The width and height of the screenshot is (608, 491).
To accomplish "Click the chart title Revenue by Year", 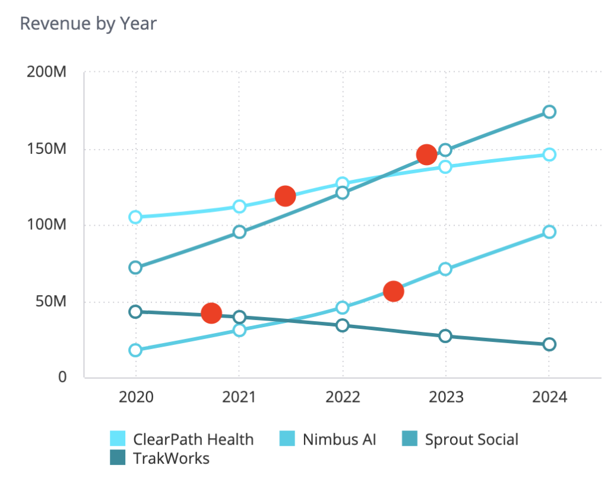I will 88,24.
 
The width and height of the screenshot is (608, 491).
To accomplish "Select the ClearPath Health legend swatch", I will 118,439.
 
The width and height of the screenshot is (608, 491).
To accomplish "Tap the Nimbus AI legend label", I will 339,439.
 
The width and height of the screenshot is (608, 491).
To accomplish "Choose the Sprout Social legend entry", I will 471,439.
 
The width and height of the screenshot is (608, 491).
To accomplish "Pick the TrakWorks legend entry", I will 171,458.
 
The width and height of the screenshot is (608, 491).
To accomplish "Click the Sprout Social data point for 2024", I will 549,112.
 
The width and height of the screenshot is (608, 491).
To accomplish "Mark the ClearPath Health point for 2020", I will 135,217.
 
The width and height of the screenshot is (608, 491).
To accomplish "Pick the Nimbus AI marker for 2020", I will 135,350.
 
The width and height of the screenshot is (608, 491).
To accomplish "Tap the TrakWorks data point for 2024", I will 549,344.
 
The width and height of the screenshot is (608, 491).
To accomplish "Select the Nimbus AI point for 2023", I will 445,269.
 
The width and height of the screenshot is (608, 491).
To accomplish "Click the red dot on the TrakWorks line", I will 211,313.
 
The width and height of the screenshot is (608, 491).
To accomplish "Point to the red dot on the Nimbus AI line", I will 393,292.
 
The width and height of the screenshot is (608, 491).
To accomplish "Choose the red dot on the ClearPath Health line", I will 285,195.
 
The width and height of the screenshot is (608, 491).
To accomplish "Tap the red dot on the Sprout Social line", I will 426,155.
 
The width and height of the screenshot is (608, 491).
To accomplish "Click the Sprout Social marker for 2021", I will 239,232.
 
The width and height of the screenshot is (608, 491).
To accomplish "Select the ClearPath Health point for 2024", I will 549,154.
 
